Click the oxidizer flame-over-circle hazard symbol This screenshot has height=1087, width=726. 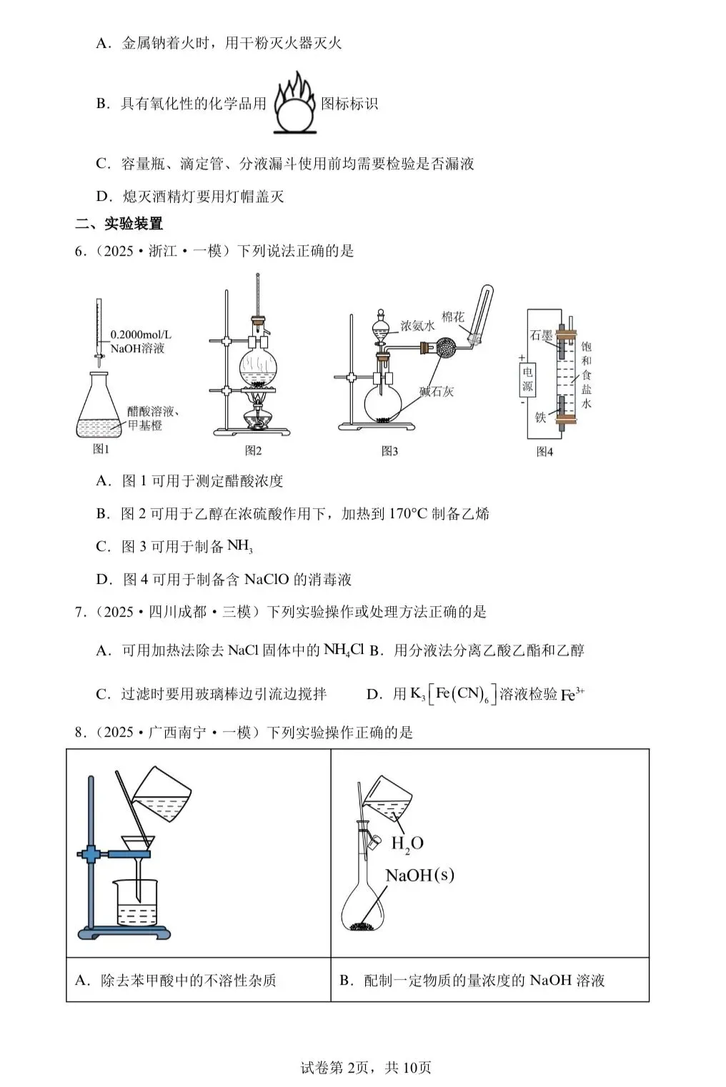coord(294,104)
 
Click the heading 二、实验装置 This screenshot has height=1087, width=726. coord(119,224)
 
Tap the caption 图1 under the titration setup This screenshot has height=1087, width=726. coord(101,449)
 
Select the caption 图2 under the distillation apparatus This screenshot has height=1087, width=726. coord(253,450)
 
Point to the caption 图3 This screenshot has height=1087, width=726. coord(389,451)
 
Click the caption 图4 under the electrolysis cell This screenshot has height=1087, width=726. coord(544,452)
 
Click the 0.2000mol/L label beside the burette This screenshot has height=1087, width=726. coord(141,334)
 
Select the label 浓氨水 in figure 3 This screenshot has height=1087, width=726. coord(417,326)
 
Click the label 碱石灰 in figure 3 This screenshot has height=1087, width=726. coord(436,391)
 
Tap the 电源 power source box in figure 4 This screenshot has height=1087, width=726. coord(527,379)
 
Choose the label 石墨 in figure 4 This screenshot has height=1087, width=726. coord(541,335)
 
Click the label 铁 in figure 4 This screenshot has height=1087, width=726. coord(540,417)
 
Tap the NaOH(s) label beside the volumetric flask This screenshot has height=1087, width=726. coord(419,875)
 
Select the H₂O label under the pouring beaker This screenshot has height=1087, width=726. coord(407,843)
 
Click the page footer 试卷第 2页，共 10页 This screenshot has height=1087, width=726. coord(366,1068)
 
